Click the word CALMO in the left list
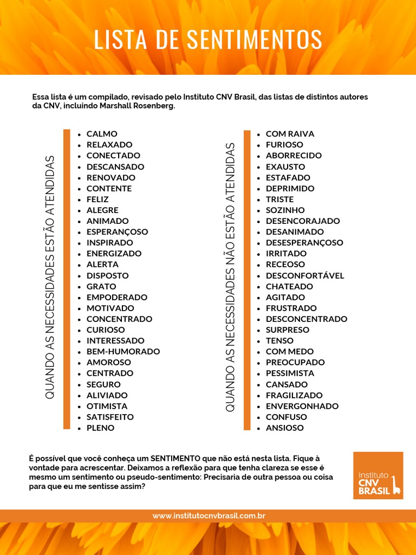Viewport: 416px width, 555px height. point(102,134)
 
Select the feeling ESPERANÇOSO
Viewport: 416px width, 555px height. point(117,232)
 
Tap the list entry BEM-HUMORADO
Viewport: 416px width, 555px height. point(123,352)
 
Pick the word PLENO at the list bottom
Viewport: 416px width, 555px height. point(100,428)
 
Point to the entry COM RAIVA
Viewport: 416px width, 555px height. point(290,134)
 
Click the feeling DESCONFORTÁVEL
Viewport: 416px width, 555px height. point(305,275)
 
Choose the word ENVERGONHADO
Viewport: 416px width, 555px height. point(302,406)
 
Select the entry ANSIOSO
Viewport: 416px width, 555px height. point(284,428)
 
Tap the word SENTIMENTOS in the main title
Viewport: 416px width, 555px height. point(255,40)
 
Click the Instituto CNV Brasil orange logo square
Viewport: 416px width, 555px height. point(378,475)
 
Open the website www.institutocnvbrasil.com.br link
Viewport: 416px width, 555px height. point(209,516)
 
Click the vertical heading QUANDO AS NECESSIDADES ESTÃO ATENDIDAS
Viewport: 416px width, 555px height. point(50,277)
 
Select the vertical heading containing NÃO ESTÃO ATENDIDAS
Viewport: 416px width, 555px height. point(230,277)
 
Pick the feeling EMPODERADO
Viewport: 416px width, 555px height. point(116,297)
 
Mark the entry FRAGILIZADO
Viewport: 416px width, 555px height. point(294,395)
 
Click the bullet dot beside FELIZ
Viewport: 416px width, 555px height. point(80,199)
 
